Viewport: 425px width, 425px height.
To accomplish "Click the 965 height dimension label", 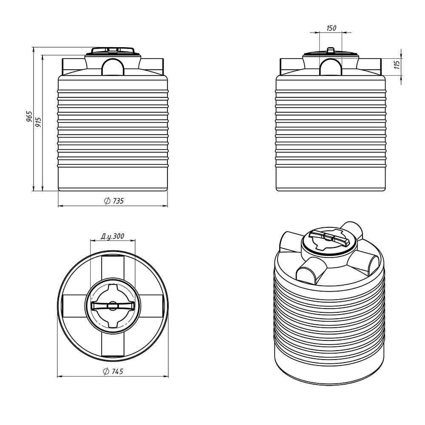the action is coord(30,116).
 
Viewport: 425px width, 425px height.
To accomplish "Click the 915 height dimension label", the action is coord(39,122).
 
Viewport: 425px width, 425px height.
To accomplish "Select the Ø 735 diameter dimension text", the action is coord(114,201).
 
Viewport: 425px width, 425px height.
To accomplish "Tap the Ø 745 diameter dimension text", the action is coord(113,371).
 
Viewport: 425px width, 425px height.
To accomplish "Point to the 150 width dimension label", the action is coord(331,28).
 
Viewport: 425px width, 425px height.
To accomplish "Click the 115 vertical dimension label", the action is coord(397,65).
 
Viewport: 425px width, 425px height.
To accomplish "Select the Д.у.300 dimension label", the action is coord(113,236).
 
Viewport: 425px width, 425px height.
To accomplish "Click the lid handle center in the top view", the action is coord(113,306).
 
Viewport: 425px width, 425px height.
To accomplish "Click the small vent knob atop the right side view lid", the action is coord(331,50).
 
